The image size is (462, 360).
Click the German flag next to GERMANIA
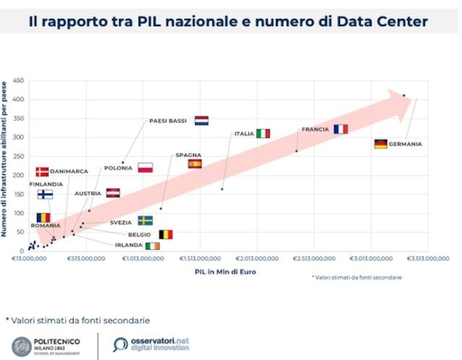pyautogui.click(x=381, y=144)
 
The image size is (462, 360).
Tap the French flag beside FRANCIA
pyautogui.click(x=341, y=129)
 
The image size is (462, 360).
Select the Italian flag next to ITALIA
pyautogui.click(x=263, y=133)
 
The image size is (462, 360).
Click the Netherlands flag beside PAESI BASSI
pyautogui.click(x=201, y=120)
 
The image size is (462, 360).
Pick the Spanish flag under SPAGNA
pyautogui.click(x=195, y=164)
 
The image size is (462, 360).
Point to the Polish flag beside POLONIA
pyautogui.click(x=145, y=168)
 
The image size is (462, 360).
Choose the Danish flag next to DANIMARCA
pyautogui.click(x=43, y=172)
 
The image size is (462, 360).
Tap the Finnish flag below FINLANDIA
pyautogui.click(x=45, y=194)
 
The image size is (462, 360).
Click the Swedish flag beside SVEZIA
pyautogui.click(x=145, y=221)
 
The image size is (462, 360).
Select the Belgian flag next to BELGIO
pyautogui.click(x=166, y=234)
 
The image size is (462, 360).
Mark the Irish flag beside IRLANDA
pyautogui.click(x=152, y=246)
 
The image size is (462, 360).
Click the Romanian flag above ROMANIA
pyautogui.click(x=43, y=217)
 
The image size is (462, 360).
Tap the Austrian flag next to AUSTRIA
pyautogui.click(x=113, y=193)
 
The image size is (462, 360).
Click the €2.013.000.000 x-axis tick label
pyautogui.click(x=257, y=258)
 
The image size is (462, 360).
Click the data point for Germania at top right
pyautogui.click(x=404, y=95)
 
